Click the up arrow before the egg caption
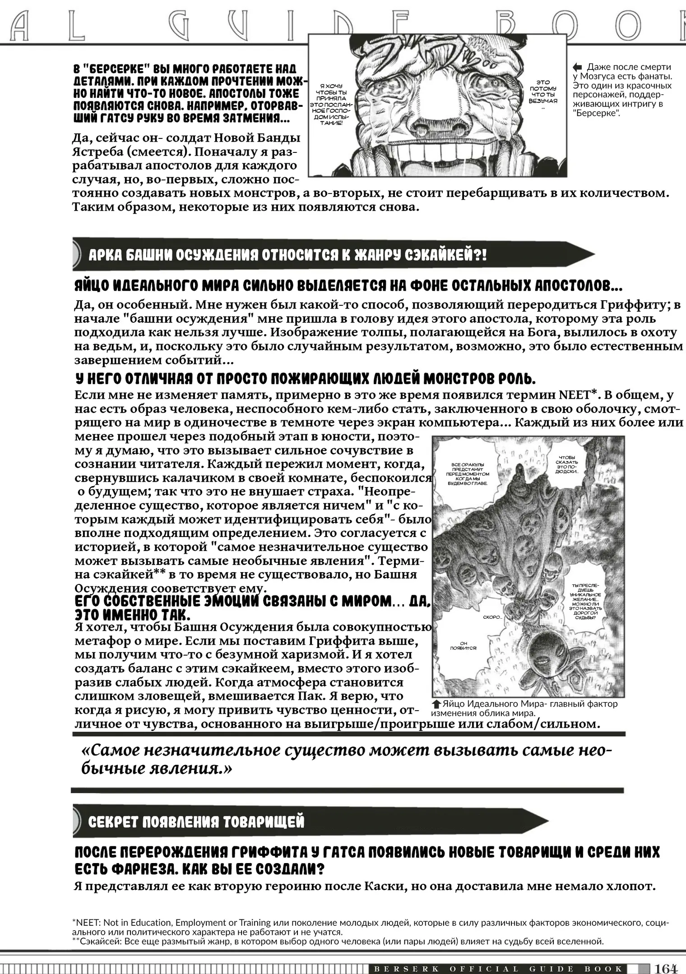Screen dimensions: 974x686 pos(436,704)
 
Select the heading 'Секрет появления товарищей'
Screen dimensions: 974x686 pos(196,822)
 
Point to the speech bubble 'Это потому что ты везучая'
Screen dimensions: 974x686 pos(543,92)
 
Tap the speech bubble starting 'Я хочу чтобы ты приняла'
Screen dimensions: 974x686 pos(331,104)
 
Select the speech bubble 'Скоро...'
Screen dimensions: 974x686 pos(492,617)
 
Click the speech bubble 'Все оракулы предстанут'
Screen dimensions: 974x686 pos(467,473)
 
